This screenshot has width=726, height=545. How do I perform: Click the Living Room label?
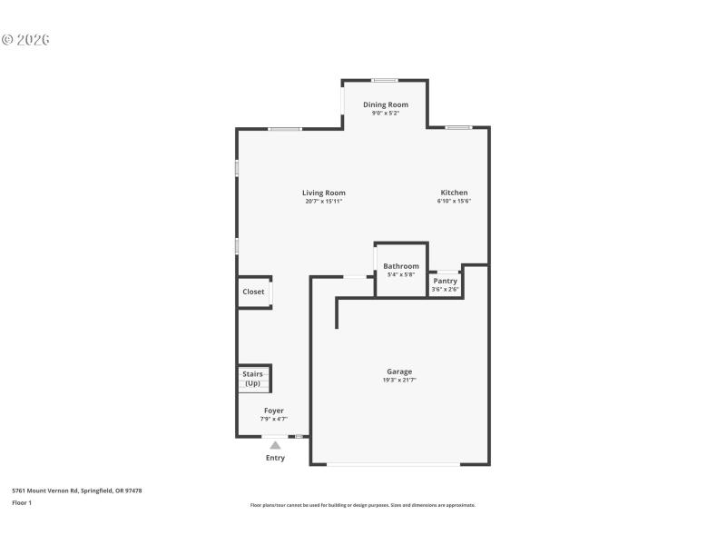coord(324,193)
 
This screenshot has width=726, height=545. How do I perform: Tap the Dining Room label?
coord(386,104)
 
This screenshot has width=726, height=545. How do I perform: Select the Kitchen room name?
coord(454,193)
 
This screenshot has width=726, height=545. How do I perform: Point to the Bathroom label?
coord(401,266)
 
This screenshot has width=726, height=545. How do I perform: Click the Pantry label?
coord(445,281)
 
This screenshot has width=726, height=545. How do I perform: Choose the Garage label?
coord(399,372)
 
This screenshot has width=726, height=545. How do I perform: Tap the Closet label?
coord(253,292)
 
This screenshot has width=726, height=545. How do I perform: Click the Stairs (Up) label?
coord(251,378)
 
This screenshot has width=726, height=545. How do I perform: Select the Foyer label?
coord(274,411)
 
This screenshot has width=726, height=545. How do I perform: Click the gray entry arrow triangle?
coord(275,445)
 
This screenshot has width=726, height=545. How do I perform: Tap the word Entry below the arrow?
coord(275,458)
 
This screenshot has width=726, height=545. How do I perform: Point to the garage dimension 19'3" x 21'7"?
coord(399,381)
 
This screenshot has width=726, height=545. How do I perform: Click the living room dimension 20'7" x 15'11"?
coord(324,201)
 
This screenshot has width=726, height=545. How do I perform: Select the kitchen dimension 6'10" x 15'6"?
coord(454,201)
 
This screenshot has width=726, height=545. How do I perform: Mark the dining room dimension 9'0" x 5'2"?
coord(386,113)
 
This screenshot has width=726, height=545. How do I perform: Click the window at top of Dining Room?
coord(385,81)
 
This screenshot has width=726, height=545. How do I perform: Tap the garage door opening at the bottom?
coord(393,465)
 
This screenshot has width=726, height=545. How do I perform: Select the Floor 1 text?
coord(22,502)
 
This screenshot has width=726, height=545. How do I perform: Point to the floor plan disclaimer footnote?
coord(362,505)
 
